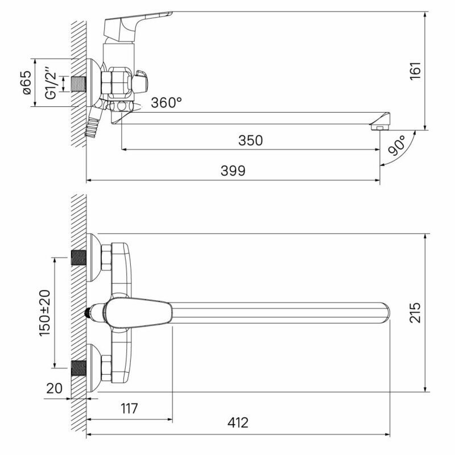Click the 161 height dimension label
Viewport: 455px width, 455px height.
415,71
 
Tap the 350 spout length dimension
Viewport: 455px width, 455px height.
250,140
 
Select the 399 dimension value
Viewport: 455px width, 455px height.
233,171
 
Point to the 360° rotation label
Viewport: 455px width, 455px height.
166,102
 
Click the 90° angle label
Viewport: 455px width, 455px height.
397,145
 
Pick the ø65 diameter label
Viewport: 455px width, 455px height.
26,82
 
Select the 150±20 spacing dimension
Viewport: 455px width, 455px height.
45,312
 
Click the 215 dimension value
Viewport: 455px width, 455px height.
415,312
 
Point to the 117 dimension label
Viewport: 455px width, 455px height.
129,408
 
